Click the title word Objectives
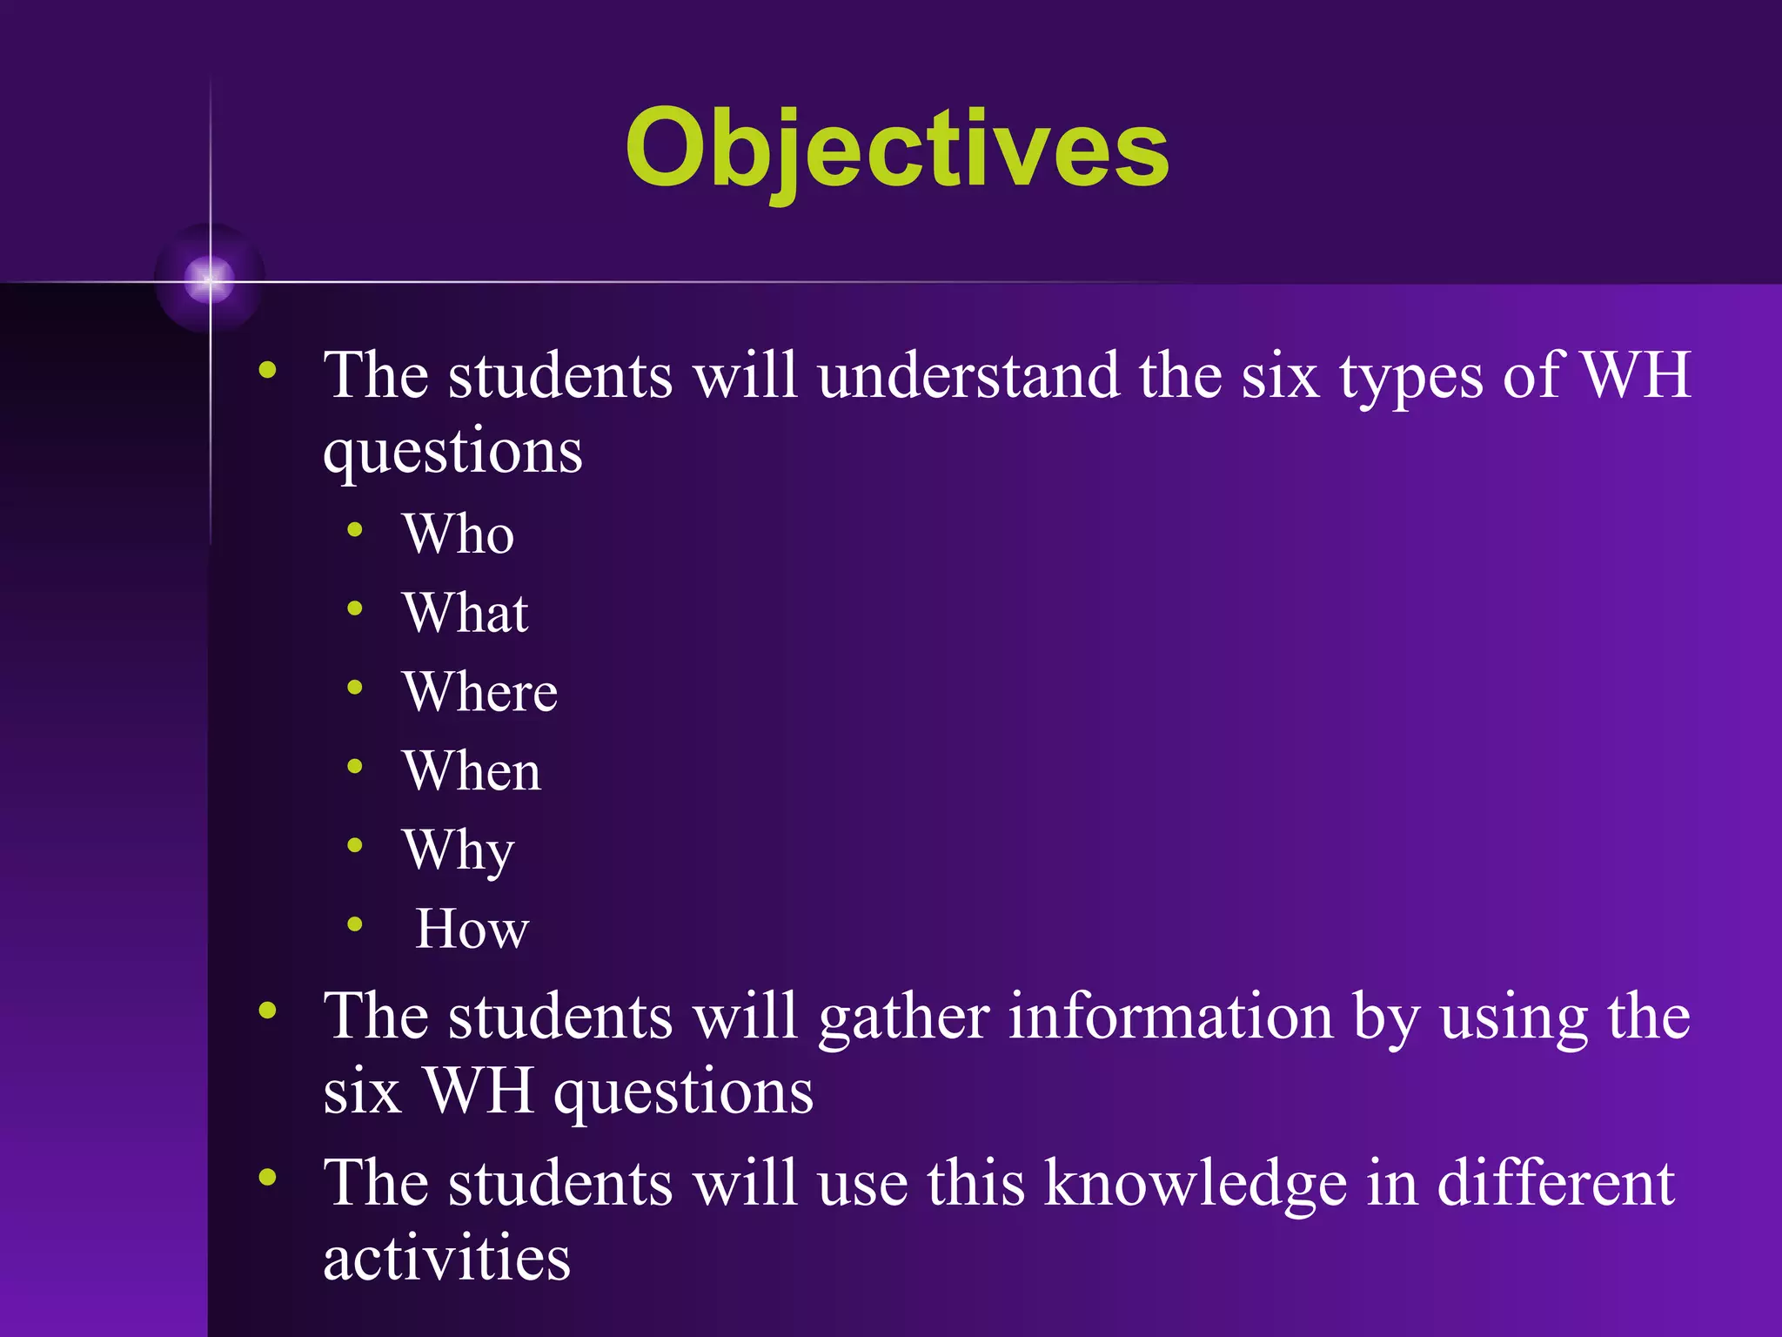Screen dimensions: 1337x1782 point(897,148)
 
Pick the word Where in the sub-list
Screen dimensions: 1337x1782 point(479,692)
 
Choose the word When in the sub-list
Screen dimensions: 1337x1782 point(472,770)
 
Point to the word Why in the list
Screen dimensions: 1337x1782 point(458,850)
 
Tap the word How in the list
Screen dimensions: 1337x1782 point(472,929)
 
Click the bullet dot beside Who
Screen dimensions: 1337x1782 point(354,529)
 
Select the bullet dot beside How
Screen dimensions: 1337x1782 point(354,924)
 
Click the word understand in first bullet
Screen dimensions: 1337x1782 point(968,375)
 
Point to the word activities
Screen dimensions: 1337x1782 point(446,1258)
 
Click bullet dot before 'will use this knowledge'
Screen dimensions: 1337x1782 point(267,1178)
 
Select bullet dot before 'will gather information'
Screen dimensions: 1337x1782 point(267,1011)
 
